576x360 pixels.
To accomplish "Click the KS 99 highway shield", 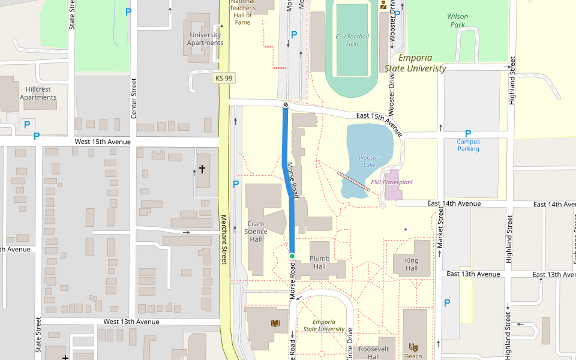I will pyautogui.click(x=223, y=78).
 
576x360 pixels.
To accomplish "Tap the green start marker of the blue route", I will pyautogui.click(x=292, y=256).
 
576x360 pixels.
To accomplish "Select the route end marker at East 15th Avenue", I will pyautogui.click(x=286, y=106).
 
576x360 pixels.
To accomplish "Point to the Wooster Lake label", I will pyautogui.click(x=370, y=161).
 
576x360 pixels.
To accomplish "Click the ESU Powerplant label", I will pyautogui.click(x=392, y=182).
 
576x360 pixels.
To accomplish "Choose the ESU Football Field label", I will pyautogui.click(x=352, y=40).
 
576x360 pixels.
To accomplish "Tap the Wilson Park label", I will pyautogui.click(x=458, y=20).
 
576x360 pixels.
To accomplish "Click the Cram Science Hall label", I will pyautogui.click(x=256, y=232).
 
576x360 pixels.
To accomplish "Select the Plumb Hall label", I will pyautogui.click(x=320, y=262).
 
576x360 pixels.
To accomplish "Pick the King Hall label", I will pyautogui.click(x=412, y=264).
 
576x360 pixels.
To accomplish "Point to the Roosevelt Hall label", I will pyautogui.click(x=374, y=352).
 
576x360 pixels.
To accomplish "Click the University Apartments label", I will pyautogui.click(x=205, y=39).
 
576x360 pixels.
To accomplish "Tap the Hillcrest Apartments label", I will pyautogui.click(x=38, y=93).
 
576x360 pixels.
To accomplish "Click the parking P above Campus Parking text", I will pyautogui.click(x=468, y=134).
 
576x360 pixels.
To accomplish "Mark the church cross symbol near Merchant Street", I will pyautogui.click(x=202, y=170).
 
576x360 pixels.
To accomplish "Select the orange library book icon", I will pyautogui.click(x=275, y=323).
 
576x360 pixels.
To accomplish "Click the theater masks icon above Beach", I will pyautogui.click(x=413, y=347).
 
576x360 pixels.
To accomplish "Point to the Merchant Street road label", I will pyautogui.click(x=224, y=240).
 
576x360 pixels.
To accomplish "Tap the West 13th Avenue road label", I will pyautogui.click(x=131, y=322).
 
